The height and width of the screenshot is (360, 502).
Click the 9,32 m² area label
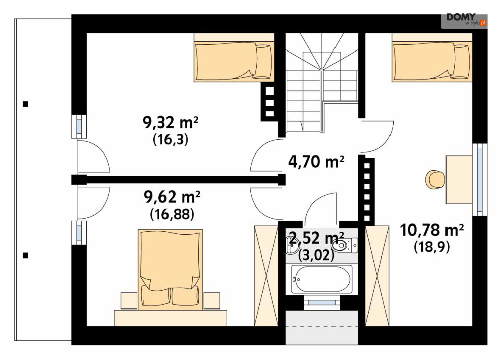point(171,122)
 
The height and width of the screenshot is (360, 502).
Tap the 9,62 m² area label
point(172,197)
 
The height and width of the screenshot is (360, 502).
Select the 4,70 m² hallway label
point(316,162)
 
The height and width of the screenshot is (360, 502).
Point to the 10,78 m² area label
point(432,230)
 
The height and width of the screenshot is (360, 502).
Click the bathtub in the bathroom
point(322,279)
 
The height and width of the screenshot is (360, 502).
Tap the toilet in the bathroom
point(345,246)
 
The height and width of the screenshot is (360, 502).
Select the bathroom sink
point(293,244)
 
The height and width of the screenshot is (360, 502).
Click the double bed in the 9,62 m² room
point(171,270)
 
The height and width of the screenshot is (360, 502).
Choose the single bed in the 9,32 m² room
point(234,61)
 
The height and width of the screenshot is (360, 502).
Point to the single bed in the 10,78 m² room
point(432,61)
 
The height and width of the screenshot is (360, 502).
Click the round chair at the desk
point(435,179)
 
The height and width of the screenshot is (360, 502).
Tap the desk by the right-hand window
point(459,179)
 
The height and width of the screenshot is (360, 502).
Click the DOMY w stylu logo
point(465,20)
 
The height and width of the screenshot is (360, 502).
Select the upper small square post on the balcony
point(25,104)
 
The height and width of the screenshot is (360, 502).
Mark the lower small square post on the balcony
point(25,255)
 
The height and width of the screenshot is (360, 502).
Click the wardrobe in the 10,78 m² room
point(377,276)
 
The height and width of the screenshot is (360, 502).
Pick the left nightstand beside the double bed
point(129,301)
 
